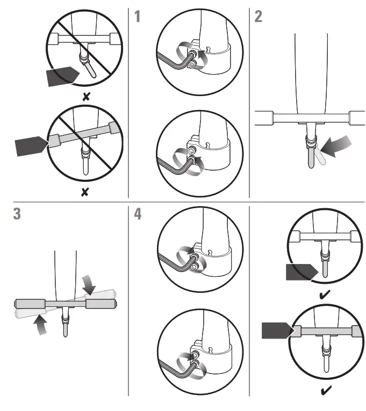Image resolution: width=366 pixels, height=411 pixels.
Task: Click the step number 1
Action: tap(138, 16)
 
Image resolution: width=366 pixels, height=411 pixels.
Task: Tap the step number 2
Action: tap(259, 16)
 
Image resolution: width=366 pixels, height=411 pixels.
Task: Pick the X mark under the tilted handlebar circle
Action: tap(84, 192)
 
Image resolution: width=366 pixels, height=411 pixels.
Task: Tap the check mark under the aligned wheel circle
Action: tap(324, 295)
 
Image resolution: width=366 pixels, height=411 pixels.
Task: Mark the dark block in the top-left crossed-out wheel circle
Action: tap(62, 77)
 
